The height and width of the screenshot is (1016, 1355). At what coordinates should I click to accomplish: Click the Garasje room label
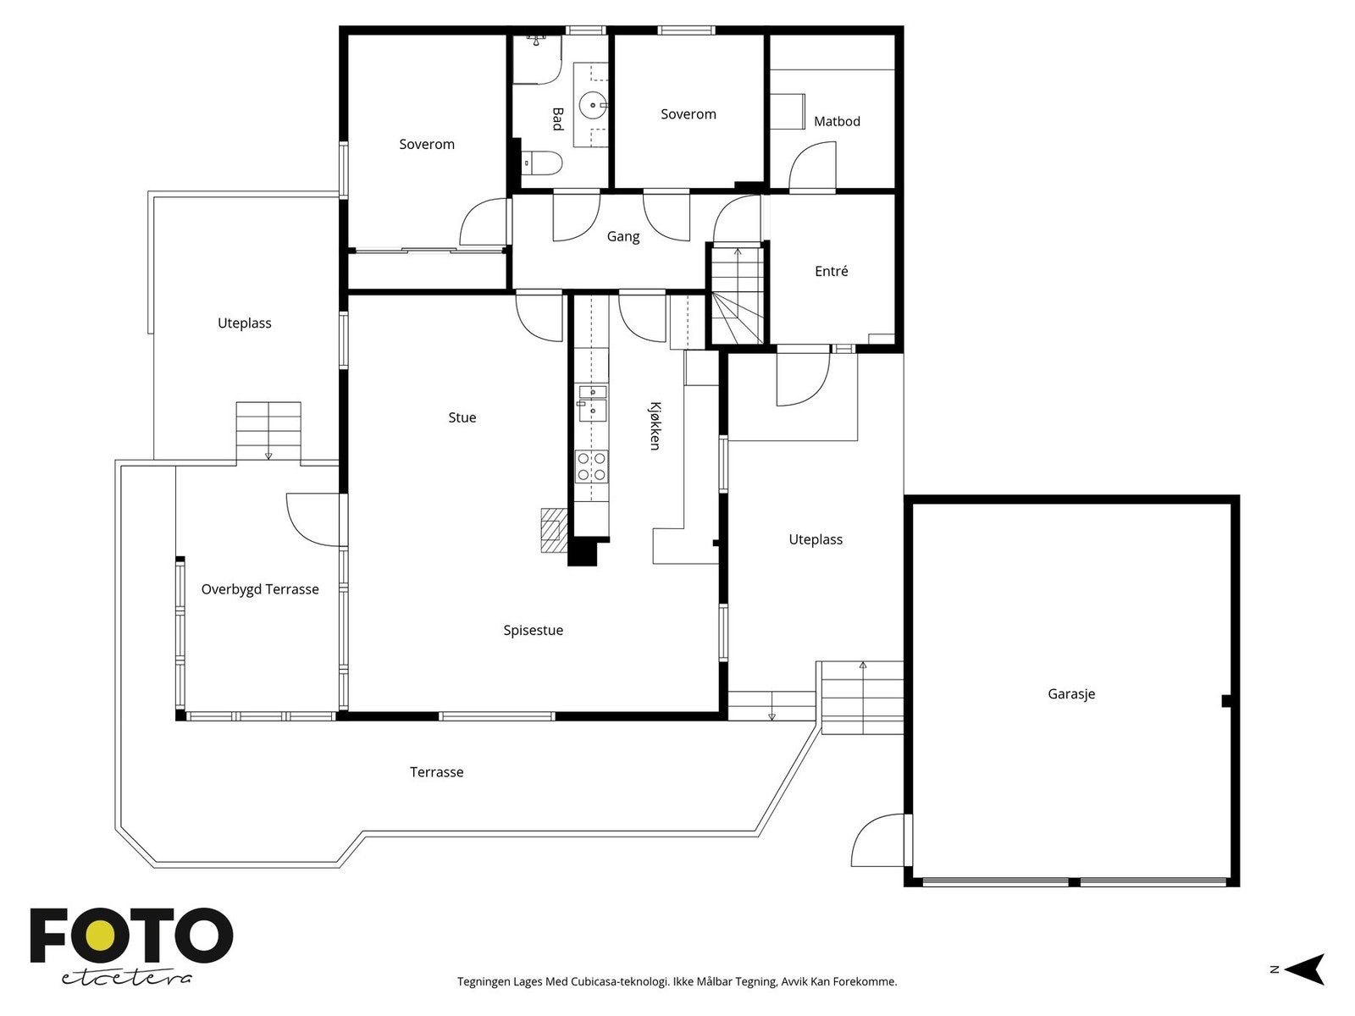click(1071, 694)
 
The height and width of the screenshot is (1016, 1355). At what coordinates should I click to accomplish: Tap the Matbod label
click(837, 122)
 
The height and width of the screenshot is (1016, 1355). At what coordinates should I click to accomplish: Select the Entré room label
click(831, 271)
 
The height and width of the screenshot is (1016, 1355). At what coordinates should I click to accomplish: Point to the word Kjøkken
click(655, 426)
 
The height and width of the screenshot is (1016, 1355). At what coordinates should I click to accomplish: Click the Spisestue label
click(533, 631)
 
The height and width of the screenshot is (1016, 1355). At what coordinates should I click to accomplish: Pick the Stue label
click(462, 417)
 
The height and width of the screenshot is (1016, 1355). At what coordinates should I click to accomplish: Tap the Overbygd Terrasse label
click(260, 589)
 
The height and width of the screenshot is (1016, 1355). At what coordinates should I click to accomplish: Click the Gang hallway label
click(622, 236)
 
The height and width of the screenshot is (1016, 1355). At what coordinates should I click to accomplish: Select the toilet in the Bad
click(541, 163)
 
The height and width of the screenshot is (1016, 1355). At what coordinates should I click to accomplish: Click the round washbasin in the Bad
click(592, 106)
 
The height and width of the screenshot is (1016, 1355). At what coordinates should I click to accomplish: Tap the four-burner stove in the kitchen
click(591, 467)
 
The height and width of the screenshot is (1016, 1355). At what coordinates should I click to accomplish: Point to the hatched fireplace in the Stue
click(554, 531)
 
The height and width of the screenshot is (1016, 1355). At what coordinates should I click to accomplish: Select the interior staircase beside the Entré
click(737, 294)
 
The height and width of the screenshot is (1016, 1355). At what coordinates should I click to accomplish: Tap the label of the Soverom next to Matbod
click(689, 114)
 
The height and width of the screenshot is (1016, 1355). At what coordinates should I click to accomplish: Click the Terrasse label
click(436, 772)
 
